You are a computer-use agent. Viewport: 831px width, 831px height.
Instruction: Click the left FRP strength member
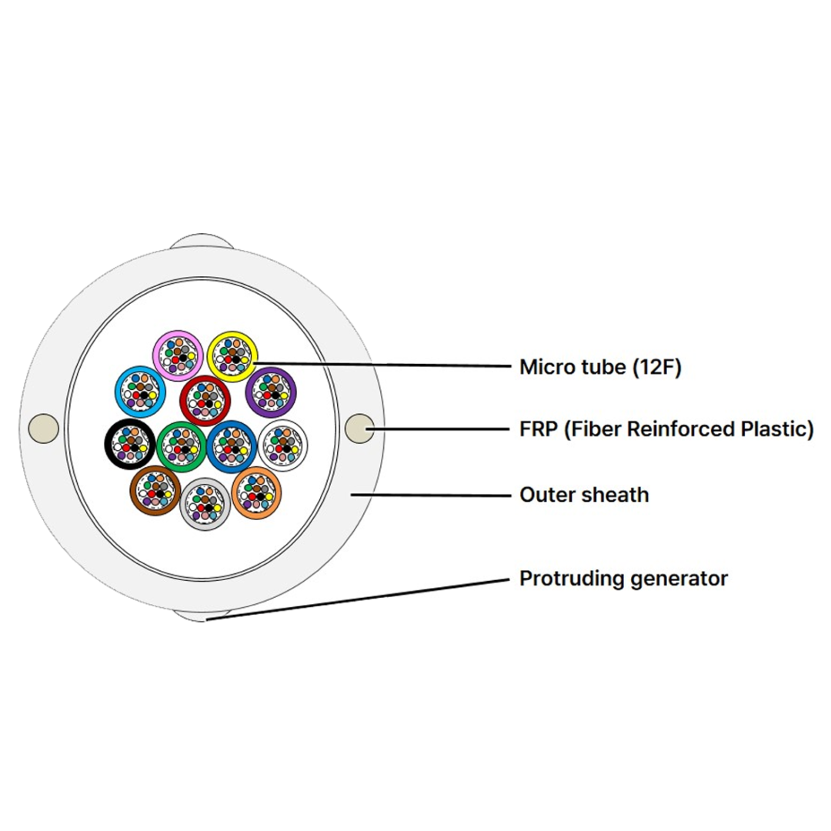coord(43,429)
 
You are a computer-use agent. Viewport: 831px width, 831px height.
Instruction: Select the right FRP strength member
coord(359,429)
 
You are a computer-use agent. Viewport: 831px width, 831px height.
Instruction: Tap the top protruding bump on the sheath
coord(202,241)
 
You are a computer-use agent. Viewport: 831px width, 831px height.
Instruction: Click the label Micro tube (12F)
coord(600,367)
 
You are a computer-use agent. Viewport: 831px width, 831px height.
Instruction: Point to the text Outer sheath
coord(584,495)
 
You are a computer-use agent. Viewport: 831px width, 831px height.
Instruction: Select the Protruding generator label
coord(623,578)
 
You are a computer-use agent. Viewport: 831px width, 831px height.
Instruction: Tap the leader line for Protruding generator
coord(358,599)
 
